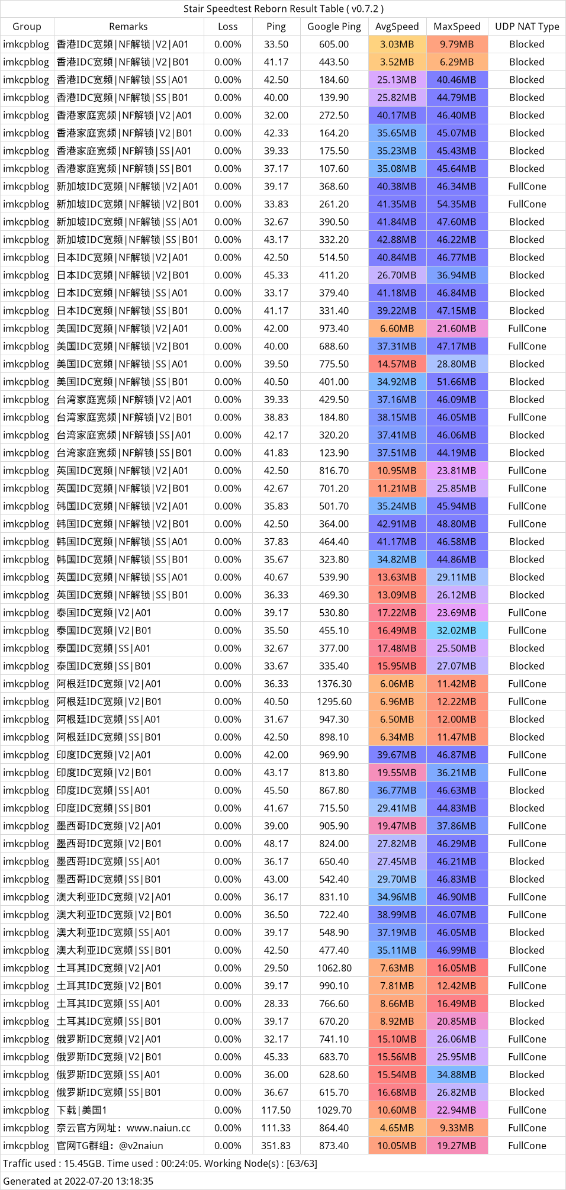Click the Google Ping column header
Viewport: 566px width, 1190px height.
[334, 27]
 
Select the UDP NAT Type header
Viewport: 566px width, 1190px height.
[527, 27]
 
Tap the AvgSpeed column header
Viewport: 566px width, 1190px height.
[397, 27]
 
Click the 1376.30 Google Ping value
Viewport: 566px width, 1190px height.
[334, 684]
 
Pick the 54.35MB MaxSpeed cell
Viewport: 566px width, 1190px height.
[456, 204]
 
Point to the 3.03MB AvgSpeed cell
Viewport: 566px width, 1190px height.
[397, 44]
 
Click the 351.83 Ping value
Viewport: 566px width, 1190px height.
[276, 1146]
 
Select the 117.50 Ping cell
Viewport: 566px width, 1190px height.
[276, 1110]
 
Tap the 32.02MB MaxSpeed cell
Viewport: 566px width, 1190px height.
[456, 631]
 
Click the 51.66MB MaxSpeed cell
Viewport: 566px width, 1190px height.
[456, 382]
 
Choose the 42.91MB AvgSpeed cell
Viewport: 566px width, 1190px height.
[397, 524]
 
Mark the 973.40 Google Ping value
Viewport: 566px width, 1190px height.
[334, 329]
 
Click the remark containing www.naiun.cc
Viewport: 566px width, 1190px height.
[124, 1128]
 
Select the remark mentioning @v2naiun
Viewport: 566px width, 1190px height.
[110, 1146]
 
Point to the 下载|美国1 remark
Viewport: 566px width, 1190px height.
[82, 1110]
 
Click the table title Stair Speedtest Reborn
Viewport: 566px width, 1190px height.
[283, 9]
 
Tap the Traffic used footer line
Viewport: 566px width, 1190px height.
[160, 1163]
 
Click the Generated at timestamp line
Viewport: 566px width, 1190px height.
[78, 1181]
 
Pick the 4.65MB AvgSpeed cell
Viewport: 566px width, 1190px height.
[397, 1128]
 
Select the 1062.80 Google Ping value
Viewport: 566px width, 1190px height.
[334, 968]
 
